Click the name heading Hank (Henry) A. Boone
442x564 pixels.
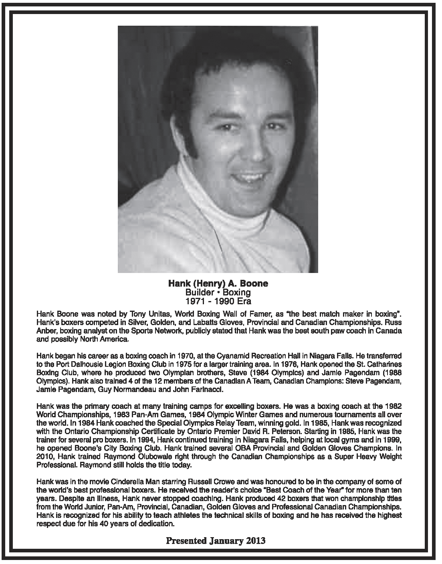point(218,284)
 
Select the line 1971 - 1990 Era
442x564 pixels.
point(218,301)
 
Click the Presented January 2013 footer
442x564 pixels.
point(216,541)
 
